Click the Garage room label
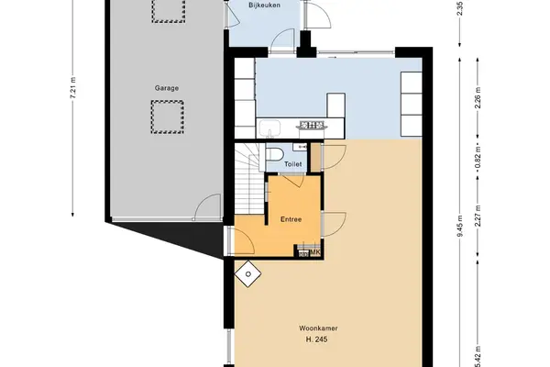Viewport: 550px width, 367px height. click(167, 88)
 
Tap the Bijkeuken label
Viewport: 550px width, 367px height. click(264, 6)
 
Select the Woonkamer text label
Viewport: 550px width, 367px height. click(318, 328)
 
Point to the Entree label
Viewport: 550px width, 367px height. click(291, 219)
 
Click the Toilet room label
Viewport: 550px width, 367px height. click(293, 164)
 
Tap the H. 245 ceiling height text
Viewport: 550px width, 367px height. click(317, 339)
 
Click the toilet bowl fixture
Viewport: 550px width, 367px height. click(274, 154)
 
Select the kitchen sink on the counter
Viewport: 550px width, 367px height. click(269, 128)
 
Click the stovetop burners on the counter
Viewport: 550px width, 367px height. click(312, 125)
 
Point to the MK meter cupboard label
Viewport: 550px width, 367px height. click(314, 253)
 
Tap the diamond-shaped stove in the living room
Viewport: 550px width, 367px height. click(248, 274)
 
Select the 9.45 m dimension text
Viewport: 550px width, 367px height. click(460, 226)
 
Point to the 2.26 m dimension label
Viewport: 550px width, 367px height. click(478, 98)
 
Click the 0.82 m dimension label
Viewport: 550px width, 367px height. click(478, 158)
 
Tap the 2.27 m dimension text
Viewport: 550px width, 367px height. click(478, 216)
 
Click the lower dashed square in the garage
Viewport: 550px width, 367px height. click(168, 117)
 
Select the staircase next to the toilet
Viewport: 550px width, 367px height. click(249, 179)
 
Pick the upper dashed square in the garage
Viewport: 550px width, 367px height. click(169, 10)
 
